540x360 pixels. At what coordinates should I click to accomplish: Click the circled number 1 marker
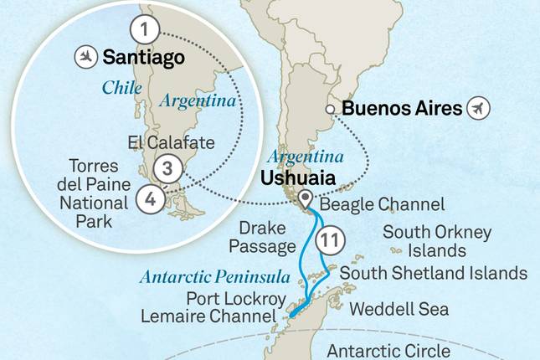(146, 30)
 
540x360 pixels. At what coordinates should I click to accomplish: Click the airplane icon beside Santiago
(85, 57)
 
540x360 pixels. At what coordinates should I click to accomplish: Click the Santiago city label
(143, 57)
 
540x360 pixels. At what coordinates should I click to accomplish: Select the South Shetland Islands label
(433, 273)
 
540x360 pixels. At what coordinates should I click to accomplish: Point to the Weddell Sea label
(399, 309)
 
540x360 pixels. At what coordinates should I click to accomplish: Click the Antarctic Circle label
(389, 350)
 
